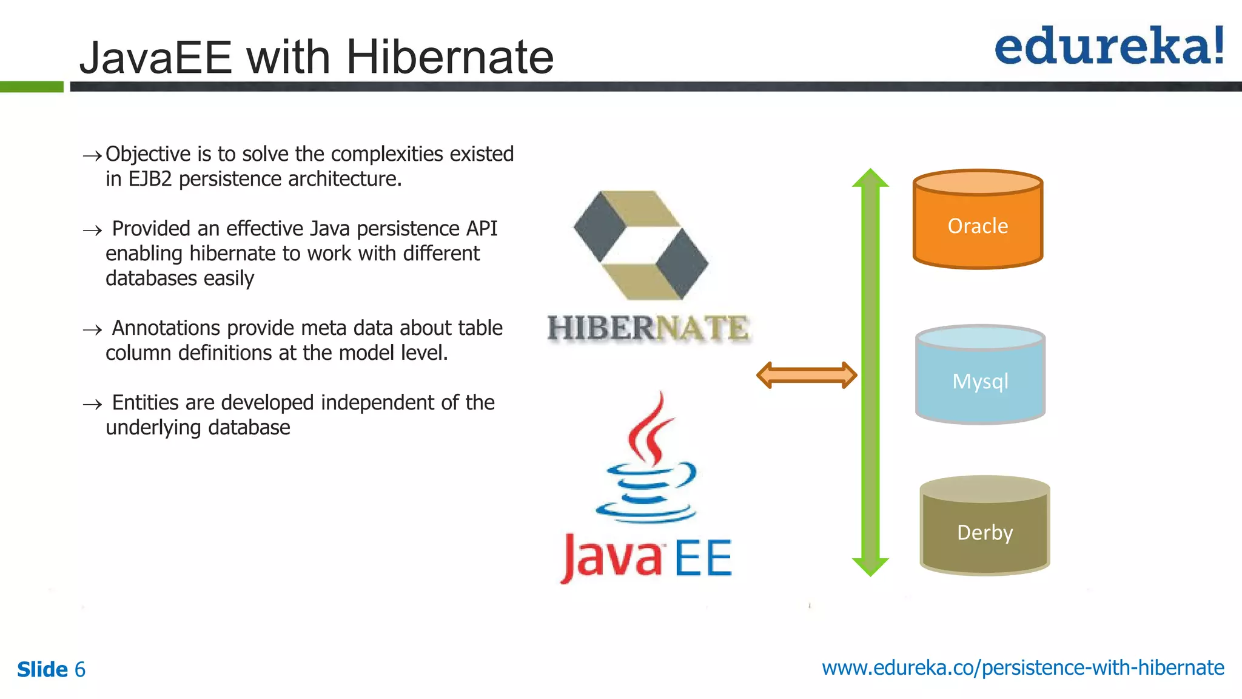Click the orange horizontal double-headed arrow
(807, 375)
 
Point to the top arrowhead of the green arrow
(870, 178)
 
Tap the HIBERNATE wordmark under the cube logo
(648, 328)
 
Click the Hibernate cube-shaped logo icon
(641, 245)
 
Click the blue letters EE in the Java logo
(703, 559)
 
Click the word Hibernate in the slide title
(449, 58)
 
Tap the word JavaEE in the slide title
(156, 58)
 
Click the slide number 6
(80, 669)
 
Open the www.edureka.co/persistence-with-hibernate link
(1022, 667)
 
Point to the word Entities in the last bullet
(145, 403)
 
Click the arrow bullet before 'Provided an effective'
(92, 231)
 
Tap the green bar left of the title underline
(32, 87)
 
